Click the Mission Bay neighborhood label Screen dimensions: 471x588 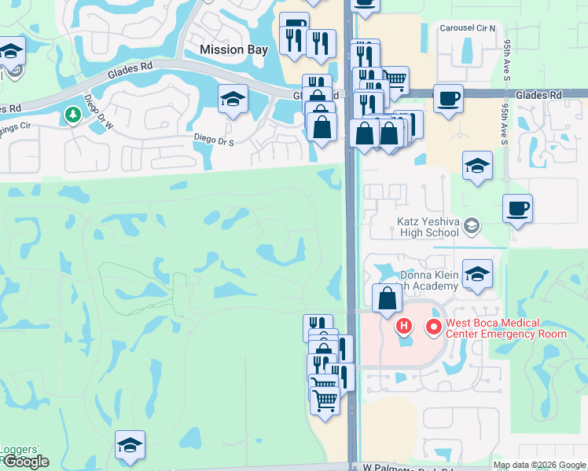[233, 49]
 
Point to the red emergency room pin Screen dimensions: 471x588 [433, 327]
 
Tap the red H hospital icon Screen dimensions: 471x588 [404, 326]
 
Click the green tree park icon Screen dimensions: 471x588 [73, 115]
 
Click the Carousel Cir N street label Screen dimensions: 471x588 [469, 28]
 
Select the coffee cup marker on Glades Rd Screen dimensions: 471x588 [448, 99]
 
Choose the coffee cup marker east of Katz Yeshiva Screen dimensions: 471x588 [517, 209]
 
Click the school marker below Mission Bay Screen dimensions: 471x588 [233, 100]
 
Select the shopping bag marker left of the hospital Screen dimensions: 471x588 [387, 299]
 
